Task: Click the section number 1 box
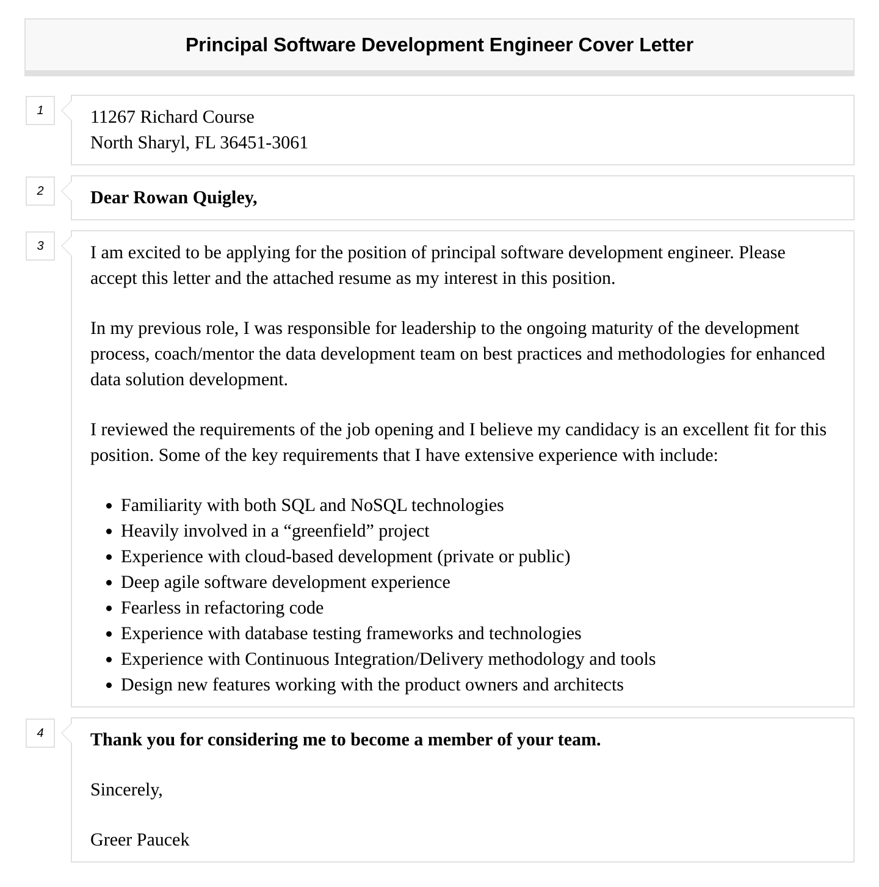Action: [x=40, y=110]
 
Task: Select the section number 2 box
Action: [x=40, y=191]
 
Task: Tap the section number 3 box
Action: [x=40, y=246]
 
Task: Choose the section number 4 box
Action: [x=40, y=733]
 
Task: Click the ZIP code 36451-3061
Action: [x=264, y=143]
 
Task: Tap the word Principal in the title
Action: [x=226, y=45]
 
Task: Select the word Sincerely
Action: [x=126, y=790]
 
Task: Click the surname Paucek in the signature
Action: [x=164, y=840]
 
